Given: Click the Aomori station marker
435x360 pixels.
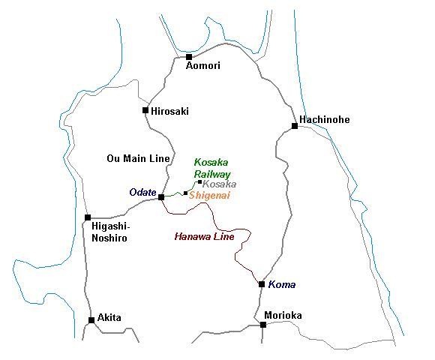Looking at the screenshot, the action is click(x=189, y=57).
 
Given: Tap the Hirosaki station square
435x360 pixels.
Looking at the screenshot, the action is click(x=145, y=110).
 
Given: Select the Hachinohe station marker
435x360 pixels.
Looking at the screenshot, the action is click(x=295, y=126).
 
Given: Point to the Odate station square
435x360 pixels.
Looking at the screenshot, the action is click(x=161, y=197).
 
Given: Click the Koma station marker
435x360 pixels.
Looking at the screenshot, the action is click(x=262, y=284).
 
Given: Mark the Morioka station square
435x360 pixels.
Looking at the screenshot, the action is click(x=263, y=325).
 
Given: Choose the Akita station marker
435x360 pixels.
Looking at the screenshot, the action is click(x=91, y=320).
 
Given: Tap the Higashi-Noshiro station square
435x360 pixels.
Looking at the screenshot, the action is click(x=88, y=217).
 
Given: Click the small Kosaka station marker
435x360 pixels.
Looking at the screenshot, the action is click(x=199, y=182).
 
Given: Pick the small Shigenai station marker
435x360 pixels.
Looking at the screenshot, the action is click(x=185, y=193).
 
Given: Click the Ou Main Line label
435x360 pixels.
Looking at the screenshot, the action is click(x=138, y=158).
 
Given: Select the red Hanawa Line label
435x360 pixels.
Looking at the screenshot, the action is click(x=205, y=236).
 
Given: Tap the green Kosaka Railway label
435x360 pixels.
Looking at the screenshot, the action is click(x=212, y=168).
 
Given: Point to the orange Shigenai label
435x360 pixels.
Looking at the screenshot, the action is click(x=209, y=196).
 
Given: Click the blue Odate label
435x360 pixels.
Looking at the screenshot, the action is click(x=142, y=192).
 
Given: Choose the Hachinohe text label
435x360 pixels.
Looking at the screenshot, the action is click(x=325, y=119).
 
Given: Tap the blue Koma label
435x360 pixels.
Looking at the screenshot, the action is click(x=282, y=284).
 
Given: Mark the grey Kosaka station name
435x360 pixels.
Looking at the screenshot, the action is click(x=220, y=184).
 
